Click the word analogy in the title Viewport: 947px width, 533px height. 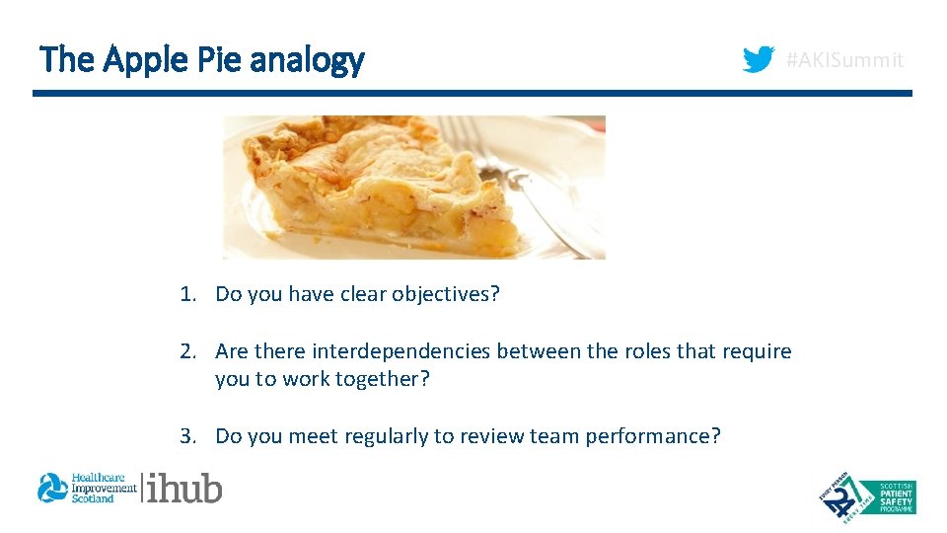(307, 62)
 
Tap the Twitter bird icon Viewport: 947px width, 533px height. (758, 60)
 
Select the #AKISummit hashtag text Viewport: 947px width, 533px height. (843, 61)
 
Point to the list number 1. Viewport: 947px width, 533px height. (186, 294)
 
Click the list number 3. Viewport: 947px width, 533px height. (186, 436)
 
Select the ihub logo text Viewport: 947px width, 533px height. (184, 488)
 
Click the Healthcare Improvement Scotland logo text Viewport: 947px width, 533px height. (103, 488)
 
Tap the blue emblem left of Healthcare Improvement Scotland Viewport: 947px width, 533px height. (52, 488)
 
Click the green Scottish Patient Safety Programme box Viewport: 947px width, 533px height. (886, 496)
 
